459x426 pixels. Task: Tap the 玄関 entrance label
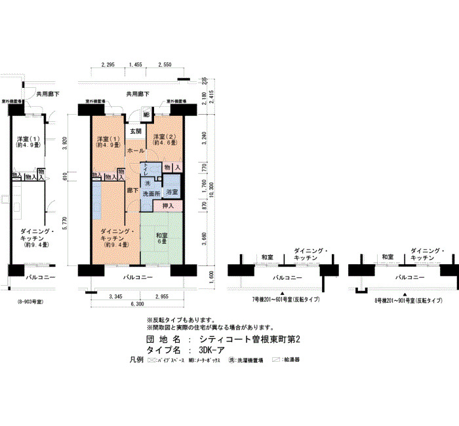coord(136,132)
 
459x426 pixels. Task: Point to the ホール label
coord(136,151)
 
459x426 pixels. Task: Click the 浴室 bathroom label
coord(172,192)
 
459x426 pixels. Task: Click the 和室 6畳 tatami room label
coord(162,239)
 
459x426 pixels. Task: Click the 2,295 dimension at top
coord(109,65)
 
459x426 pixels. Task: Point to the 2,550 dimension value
coord(164,65)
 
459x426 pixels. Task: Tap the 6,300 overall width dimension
coord(137,304)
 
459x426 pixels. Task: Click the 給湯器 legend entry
coord(290,361)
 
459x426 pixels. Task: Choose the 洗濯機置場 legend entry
coord(246,361)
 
